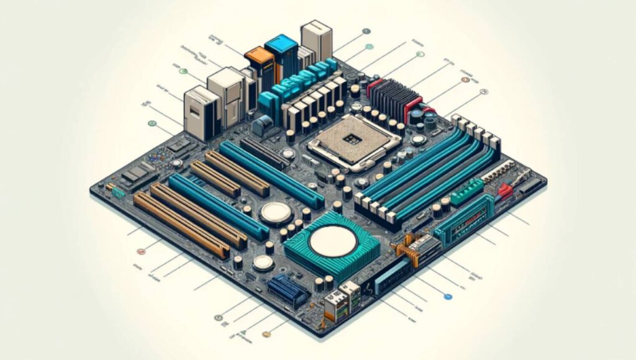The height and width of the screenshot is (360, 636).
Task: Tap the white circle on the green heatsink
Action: click(x=332, y=241)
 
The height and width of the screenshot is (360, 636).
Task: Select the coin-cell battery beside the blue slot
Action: click(x=276, y=212)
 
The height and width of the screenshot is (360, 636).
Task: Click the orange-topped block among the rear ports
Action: click(x=259, y=61)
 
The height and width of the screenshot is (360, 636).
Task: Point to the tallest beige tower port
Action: click(x=316, y=38)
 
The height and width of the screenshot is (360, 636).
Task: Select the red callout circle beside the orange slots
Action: click(x=140, y=251)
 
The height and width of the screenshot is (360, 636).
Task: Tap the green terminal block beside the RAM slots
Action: click(x=466, y=191)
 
